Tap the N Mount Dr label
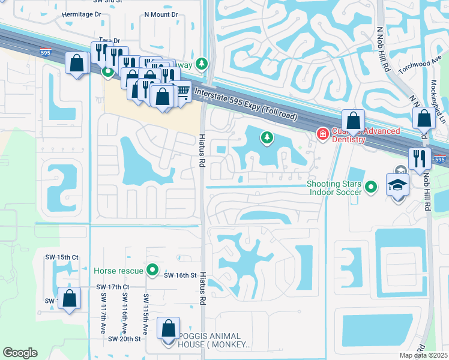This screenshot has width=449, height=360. coord(161,14)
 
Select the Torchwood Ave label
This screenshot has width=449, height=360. coord(424,64)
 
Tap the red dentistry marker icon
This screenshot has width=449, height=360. coord(323,133)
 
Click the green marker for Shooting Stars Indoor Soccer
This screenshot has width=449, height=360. coord(371,187)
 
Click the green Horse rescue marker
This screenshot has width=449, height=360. coord(153,271)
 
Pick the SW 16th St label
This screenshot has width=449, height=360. coord(181,275)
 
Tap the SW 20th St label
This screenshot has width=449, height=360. coord(124,339)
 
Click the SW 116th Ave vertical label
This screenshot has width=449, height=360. coord(125,311)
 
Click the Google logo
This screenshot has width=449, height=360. coord(20,352)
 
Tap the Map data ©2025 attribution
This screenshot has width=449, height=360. coord(423,355)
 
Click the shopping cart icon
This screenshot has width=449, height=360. coord(181,91)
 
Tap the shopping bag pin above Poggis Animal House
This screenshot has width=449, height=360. coord(168,328)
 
